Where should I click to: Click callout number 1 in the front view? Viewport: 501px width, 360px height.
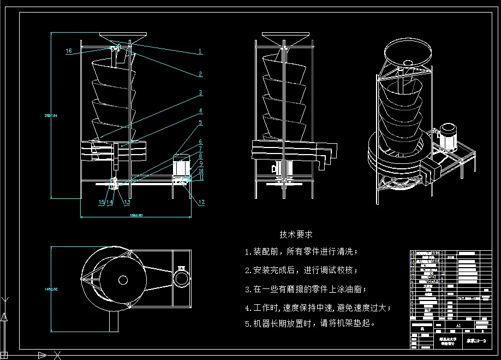[200, 51]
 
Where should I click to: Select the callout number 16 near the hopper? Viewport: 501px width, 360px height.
[69, 51]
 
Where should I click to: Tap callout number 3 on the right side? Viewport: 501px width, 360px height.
[200, 93]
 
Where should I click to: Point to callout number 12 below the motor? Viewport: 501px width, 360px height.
[201, 202]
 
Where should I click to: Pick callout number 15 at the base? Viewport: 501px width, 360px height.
[101, 202]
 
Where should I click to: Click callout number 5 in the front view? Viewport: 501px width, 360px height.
[200, 123]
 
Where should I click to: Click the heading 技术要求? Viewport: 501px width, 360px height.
[296, 234]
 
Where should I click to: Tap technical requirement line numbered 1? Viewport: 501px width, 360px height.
[301, 252]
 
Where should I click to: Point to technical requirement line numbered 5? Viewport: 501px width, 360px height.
[311, 323]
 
